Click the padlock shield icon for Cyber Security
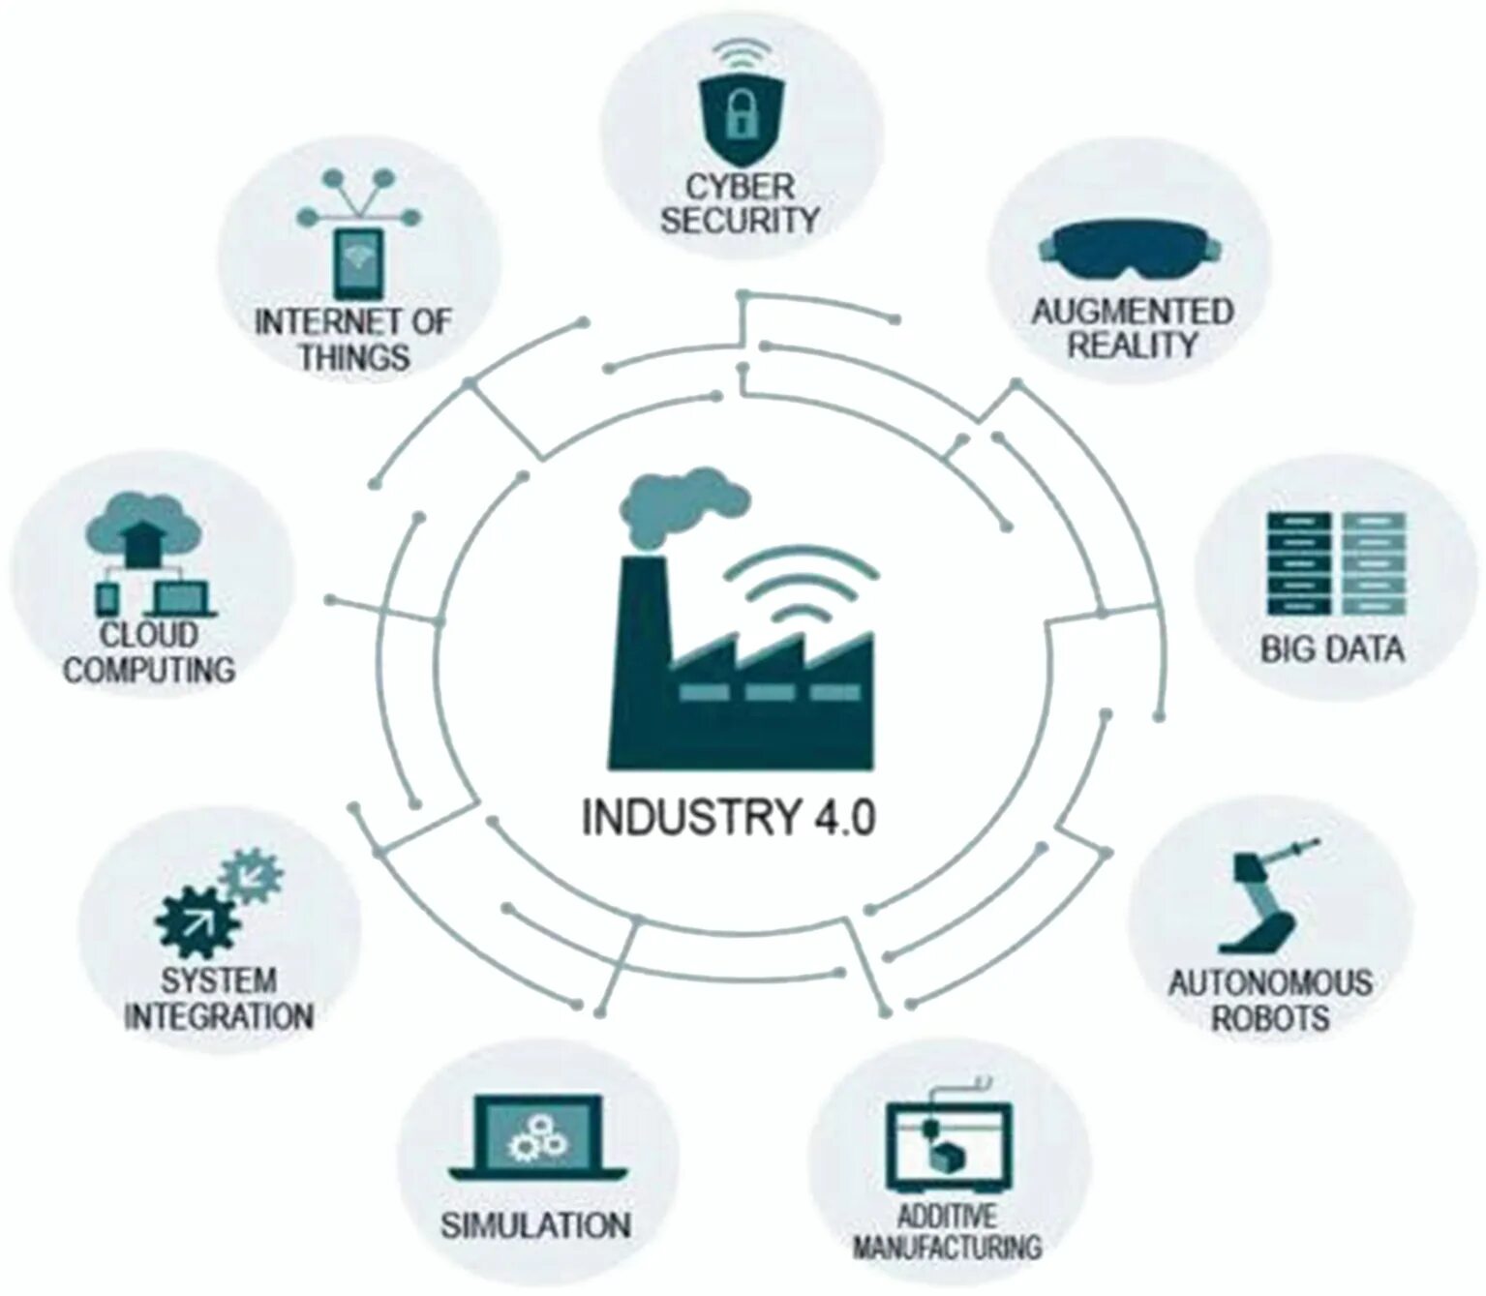[741, 117]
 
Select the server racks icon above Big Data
[1336, 563]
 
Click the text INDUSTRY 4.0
[728, 817]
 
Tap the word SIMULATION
[535, 1225]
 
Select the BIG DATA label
[1332, 649]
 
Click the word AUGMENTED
[1132, 312]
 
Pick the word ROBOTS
[1270, 1018]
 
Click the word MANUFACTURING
[947, 1247]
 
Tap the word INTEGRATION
[219, 1016]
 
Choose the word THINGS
[353, 357]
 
